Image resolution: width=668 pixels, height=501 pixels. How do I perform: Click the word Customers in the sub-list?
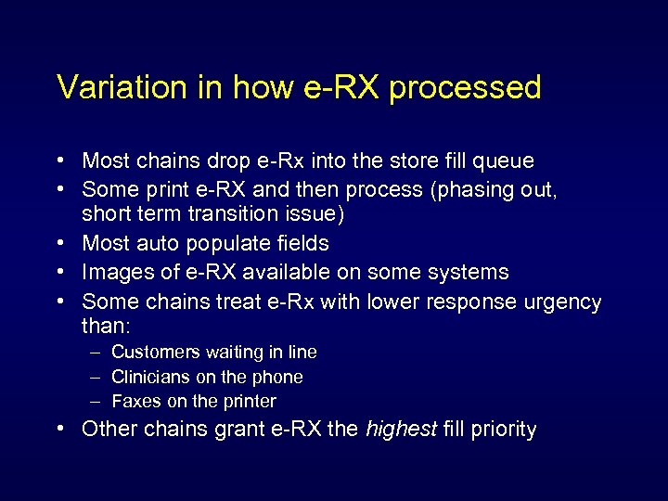point(155,353)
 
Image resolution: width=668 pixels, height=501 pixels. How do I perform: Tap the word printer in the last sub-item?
point(250,402)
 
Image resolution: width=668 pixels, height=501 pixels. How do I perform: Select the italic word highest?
point(400,430)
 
